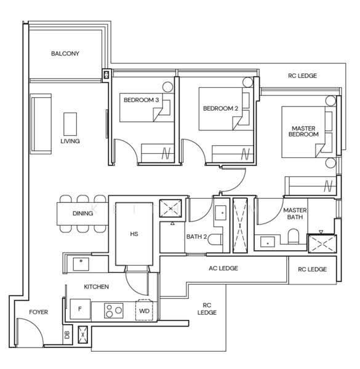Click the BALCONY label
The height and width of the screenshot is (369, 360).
tap(65, 54)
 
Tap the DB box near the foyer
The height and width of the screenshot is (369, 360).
tap(67, 335)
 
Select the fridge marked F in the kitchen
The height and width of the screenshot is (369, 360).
tap(80, 309)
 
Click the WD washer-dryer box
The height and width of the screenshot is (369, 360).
tap(144, 311)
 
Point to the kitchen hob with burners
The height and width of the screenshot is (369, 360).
tap(114, 311)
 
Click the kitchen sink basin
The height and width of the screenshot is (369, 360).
tap(81, 264)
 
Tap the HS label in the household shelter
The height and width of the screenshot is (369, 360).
tap(134, 234)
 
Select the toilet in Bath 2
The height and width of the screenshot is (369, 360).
tap(215, 240)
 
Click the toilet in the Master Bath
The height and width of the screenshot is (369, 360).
tap(294, 236)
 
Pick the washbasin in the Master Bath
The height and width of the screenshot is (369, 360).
tap(268, 242)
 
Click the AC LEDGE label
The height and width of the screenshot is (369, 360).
tap(223, 268)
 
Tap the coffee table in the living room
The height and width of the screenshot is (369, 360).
tap(70, 124)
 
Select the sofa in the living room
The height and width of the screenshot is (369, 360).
tap(41, 124)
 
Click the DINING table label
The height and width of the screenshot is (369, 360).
tap(82, 213)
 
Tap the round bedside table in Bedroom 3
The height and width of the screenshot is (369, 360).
tap(167, 87)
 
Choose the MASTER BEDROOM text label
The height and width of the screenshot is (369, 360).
tap(303, 132)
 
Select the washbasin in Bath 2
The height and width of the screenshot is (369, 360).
tap(221, 213)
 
